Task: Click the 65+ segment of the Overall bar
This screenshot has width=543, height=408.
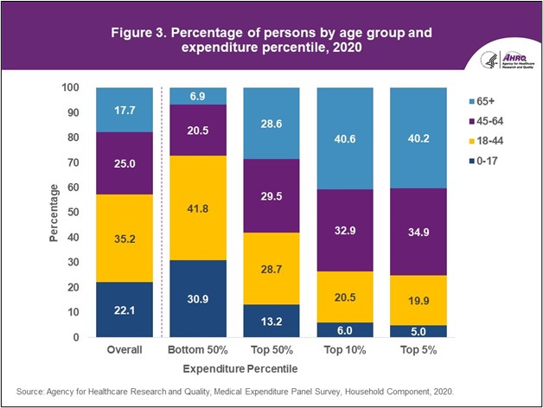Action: tap(125, 109)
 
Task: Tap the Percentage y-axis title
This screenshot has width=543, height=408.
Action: tap(54, 213)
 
